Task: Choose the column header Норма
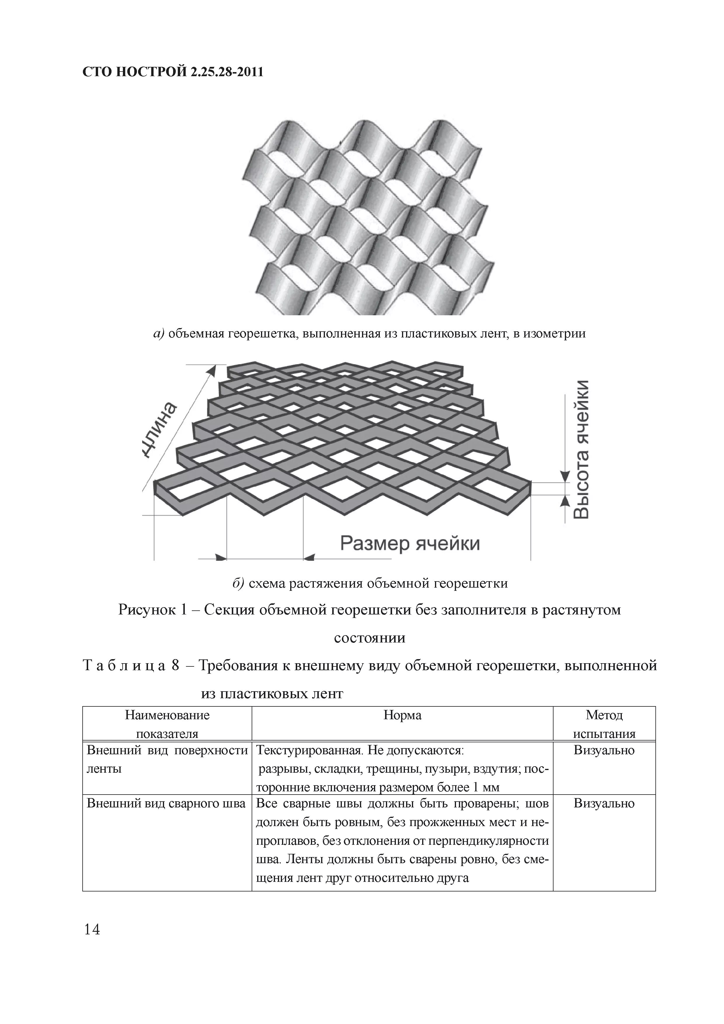[x=402, y=715]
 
